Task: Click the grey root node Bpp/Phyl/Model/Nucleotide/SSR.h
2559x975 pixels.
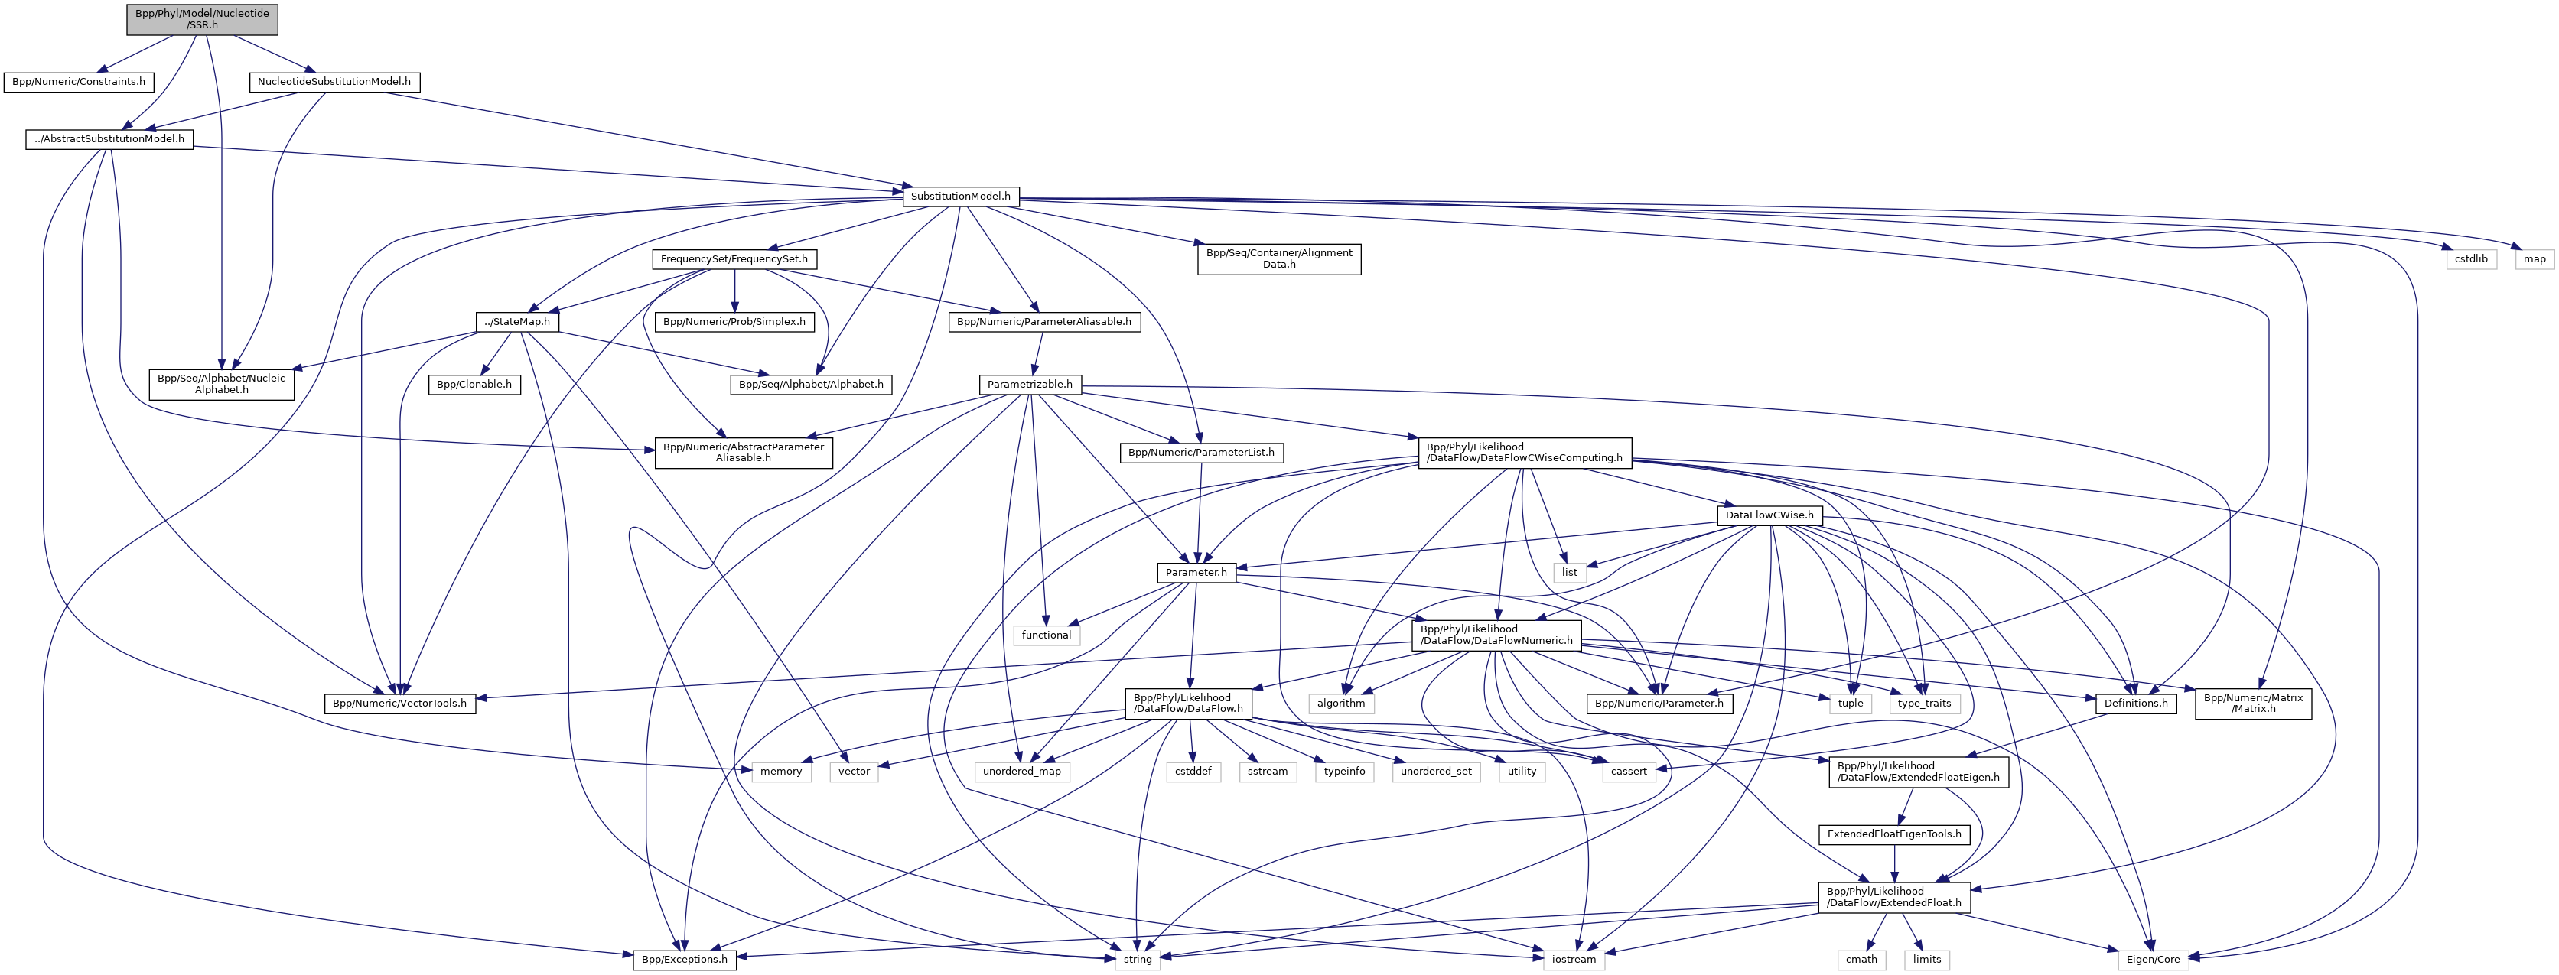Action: coord(202,19)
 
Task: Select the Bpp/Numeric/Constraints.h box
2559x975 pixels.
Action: coord(79,81)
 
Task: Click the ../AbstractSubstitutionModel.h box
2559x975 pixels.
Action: coord(109,139)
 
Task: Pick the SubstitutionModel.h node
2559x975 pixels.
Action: coord(959,197)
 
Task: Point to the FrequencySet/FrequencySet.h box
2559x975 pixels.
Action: coord(734,259)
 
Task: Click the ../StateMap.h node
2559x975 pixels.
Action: coord(516,322)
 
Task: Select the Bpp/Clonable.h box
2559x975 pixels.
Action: coord(475,384)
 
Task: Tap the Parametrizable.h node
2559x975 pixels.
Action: coord(1029,384)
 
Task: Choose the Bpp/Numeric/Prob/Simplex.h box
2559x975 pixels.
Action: coord(734,322)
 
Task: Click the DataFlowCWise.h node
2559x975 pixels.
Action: coord(1769,515)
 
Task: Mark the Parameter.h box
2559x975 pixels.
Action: coord(1196,573)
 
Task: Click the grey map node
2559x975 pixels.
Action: coord(2535,259)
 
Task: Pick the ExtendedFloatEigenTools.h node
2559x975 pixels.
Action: coord(1894,834)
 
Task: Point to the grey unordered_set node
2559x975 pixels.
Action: coord(1435,772)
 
